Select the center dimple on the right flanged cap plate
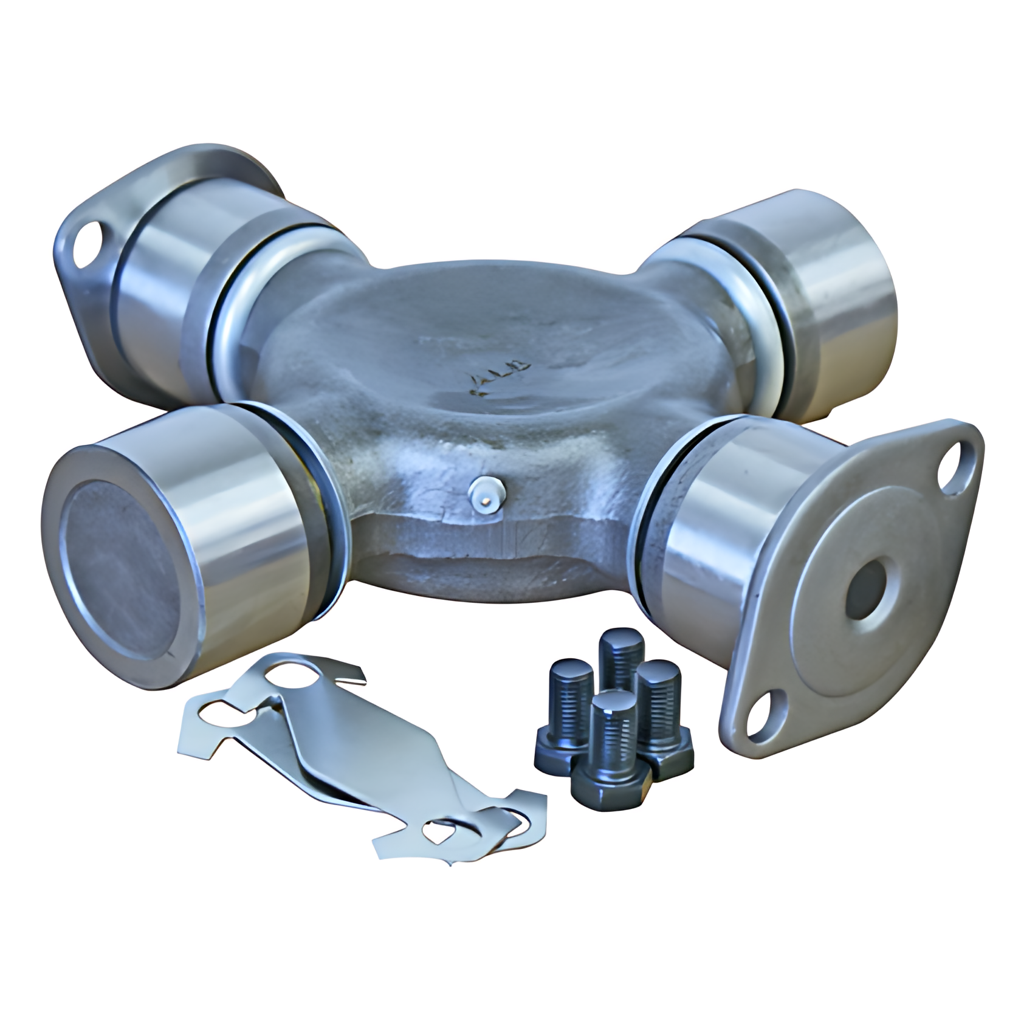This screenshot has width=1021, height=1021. pyautogui.click(x=869, y=587)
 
